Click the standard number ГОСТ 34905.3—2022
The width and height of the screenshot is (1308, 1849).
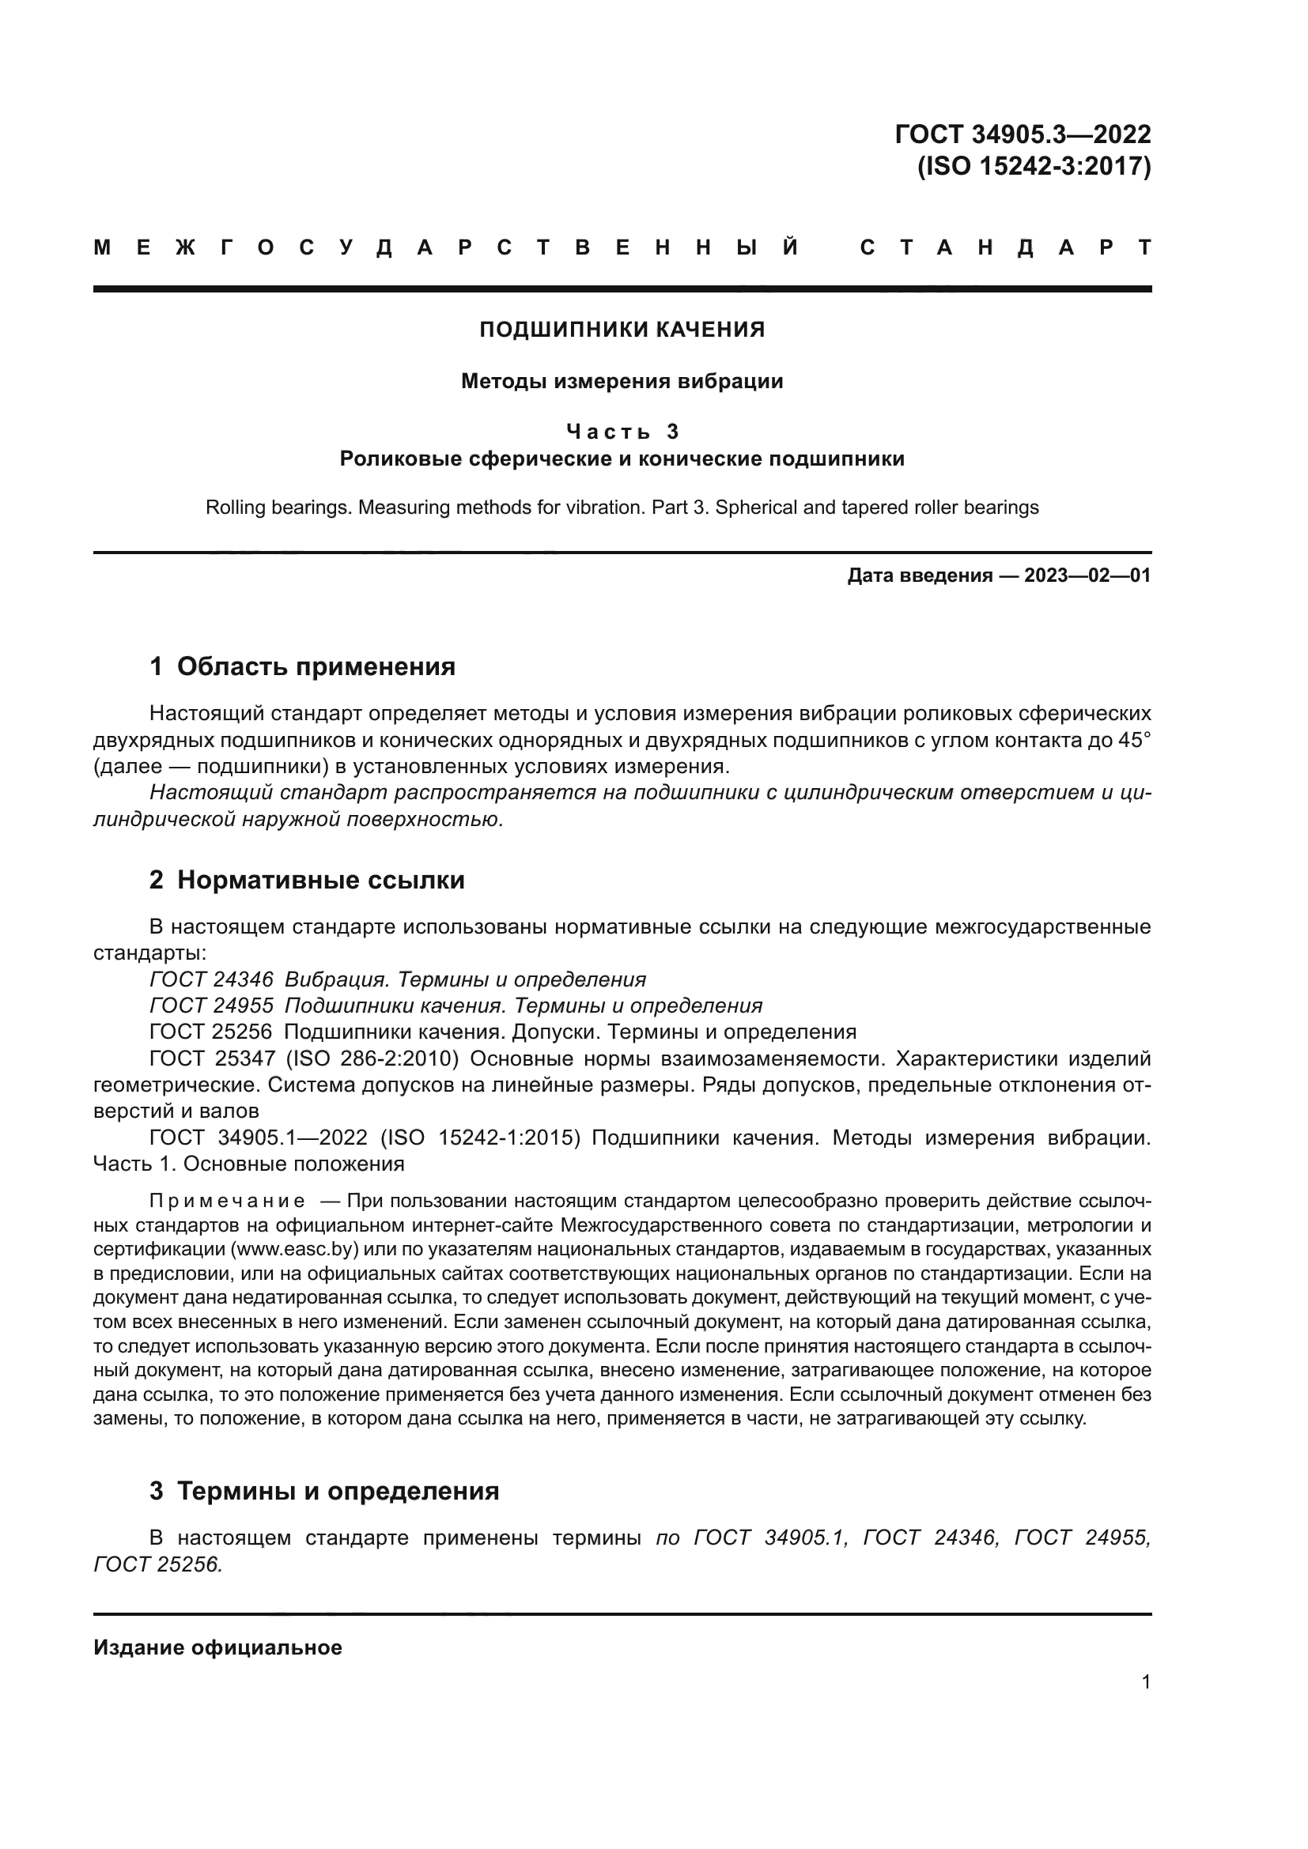pos(1022,134)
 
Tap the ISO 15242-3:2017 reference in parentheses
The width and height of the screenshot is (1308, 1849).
pos(1034,167)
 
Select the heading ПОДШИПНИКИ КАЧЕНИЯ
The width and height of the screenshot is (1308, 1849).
pos(622,330)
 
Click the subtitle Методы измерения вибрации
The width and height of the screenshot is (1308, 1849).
pos(622,381)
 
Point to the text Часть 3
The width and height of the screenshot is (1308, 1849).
pos(622,432)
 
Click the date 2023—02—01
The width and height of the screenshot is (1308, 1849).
pos(1087,575)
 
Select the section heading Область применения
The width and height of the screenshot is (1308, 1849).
pos(316,667)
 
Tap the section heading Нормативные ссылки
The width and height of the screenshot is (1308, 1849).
pos(320,880)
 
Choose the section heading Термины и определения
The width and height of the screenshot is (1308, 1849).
pos(338,1492)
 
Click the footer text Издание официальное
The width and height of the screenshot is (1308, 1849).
pos(217,1647)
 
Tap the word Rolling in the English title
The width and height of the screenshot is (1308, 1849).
pos(235,508)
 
